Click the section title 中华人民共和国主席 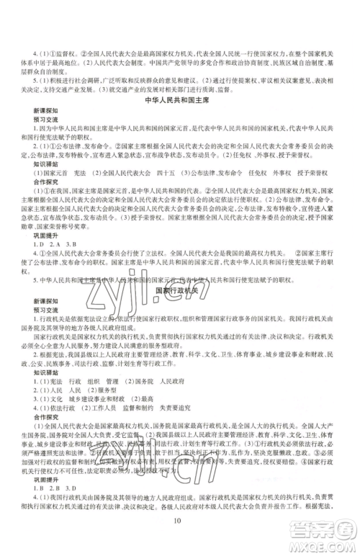[x=180, y=102]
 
